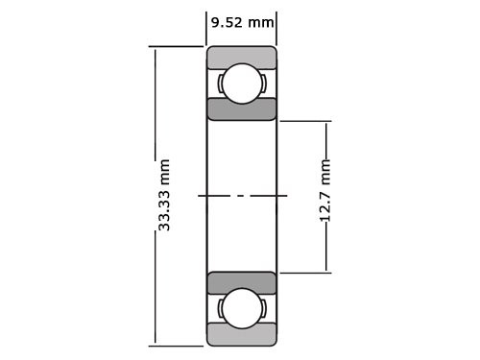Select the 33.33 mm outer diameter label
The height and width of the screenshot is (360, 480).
tap(164, 195)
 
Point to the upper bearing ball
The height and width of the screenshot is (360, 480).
tap(241, 83)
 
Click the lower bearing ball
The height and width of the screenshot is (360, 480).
tap(241, 309)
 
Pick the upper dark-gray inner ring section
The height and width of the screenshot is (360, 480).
tap(242, 108)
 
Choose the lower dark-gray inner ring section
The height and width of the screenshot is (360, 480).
tap(242, 283)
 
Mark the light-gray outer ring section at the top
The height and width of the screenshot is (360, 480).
tap(242, 56)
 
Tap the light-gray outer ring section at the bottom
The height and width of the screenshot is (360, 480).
tap(242, 335)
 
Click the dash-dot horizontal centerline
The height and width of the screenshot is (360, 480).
tap(242, 196)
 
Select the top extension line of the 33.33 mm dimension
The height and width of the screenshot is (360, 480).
tap(178, 47)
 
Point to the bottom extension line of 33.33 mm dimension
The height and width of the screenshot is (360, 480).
tap(178, 344)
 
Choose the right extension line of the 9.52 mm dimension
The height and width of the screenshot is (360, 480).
tap(276, 29)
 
